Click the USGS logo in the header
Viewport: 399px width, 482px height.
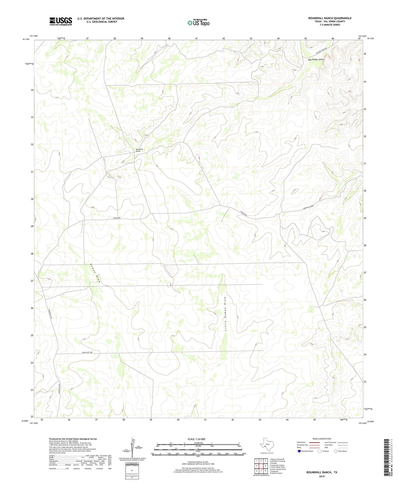[61, 21]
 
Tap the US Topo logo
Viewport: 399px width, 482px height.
[198, 23]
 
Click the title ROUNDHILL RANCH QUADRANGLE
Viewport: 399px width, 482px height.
[330, 18]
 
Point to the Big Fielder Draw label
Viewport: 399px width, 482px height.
[316, 60]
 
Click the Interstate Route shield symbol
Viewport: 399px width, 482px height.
[299, 451]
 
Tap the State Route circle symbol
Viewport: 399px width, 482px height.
[336, 451]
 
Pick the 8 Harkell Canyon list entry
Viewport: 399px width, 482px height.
[276, 473]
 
